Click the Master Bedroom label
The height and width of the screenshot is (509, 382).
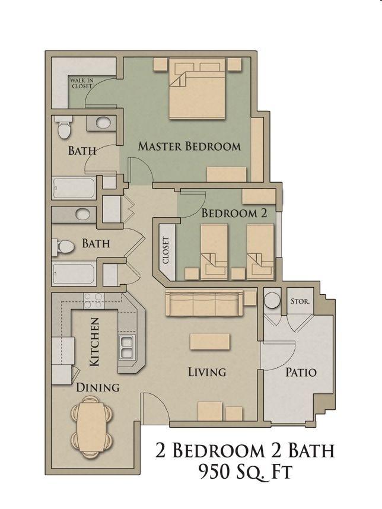point(189,146)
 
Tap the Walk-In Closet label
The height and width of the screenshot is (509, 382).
point(81,82)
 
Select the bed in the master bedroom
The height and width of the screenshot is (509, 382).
point(198,89)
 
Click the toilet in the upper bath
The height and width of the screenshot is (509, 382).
point(63,127)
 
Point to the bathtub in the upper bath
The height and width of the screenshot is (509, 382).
point(74,189)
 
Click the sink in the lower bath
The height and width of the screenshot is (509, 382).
point(83,214)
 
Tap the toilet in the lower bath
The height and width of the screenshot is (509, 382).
point(63,246)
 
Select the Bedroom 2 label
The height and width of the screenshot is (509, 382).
point(234,214)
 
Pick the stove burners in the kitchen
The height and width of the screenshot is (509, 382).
point(94,301)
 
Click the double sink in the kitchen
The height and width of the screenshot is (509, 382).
point(126,347)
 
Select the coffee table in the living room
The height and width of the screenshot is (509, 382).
point(209,342)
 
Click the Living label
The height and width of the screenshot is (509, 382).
point(207,373)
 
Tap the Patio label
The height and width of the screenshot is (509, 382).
point(301,373)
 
